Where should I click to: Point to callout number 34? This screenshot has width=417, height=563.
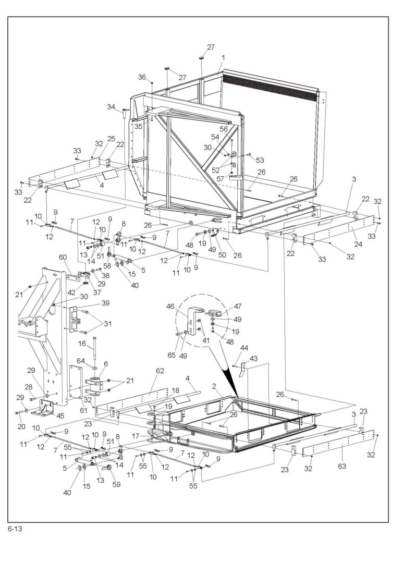click(x=111, y=107)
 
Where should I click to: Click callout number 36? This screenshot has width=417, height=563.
click(x=142, y=77)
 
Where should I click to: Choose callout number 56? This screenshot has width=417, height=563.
click(x=223, y=129)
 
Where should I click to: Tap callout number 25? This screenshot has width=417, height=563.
click(x=111, y=139)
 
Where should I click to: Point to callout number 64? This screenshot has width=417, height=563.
click(x=81, y=361)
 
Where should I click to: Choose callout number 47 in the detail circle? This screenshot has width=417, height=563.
click(x=238, y=307)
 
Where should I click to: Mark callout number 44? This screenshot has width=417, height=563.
click(x=243, y=348)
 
